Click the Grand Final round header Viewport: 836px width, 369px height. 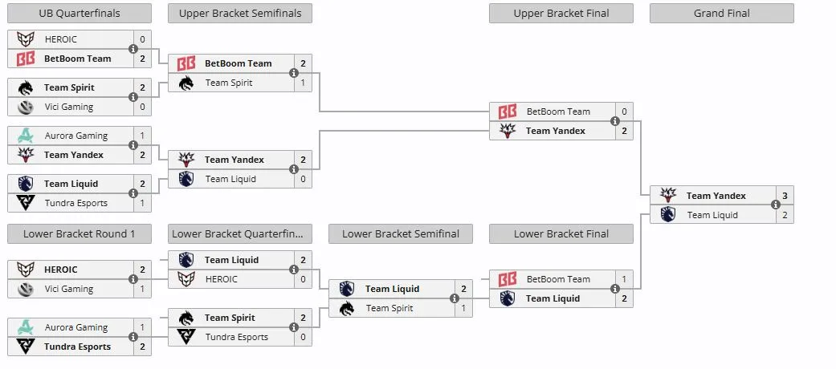pyautogui.click(x=721, y=14)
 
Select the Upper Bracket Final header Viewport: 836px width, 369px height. pyautogui.click(x=561, y=14)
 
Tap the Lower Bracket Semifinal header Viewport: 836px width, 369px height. pyautogui.click(x=401, y=233)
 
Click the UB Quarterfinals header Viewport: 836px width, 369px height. pyautogui.click(x=80, y=14)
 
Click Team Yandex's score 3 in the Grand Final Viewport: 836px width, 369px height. pyautogui.click(x=785, y=196)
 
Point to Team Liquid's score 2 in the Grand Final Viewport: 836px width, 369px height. pyautogui.click(x=785, y=215)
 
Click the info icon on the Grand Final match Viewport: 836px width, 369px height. pyautogui.click(x=775, y=205)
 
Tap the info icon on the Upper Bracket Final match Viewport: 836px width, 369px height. pyautogui.click(x=614, y=121)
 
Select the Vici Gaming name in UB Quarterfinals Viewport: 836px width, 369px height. pyautogui.click(x=69, y=107)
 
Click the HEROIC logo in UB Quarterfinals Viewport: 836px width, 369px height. pyautogui.click(x=26, y=39)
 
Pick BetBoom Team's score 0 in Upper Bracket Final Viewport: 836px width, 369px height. pyautogui.click(x=624, y=112)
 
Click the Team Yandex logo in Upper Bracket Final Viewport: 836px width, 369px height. pyautogui.click(x=507, y=131)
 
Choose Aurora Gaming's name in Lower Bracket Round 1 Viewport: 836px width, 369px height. pyautogui.click(x=76, y=327)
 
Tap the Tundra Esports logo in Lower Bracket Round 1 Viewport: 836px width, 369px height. pyautogui.click(x=26, y=347)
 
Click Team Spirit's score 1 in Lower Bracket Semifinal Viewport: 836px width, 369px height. pyautogui.click(x=464, y=308)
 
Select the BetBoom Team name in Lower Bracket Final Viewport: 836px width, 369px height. pyautogui.click(x=558, y=279)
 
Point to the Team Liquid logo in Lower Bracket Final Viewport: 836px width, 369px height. pyautogui.click(x=507, y=298)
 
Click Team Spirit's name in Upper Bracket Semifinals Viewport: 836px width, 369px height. pyautogui.click(x=229, y=83)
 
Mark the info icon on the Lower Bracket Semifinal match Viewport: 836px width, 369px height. pyautogui.click(x=455, y=298)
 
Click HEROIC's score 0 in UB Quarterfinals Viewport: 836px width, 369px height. pyautogui.click(x=142, y=39)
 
